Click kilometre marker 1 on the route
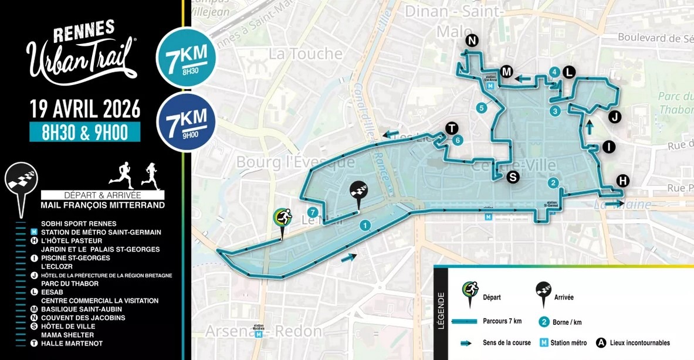[x=365, y=225]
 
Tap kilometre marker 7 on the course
[x=313, y=212]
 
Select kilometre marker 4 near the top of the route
[x=553, y=72]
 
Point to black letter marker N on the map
[x=472, y=40]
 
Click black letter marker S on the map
[x=513, y=176]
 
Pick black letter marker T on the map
[x=451, y=128]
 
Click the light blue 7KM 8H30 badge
[x=186, y=57]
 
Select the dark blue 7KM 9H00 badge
[x=186, y=121]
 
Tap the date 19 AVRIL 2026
[x=85, y=109]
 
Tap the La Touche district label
[x=305, y=54]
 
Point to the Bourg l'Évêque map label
[x=295, y=161]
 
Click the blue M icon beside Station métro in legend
[x=543, y=342]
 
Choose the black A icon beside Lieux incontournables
[x=601, y=342]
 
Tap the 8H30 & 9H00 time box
[x=85, y=133]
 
